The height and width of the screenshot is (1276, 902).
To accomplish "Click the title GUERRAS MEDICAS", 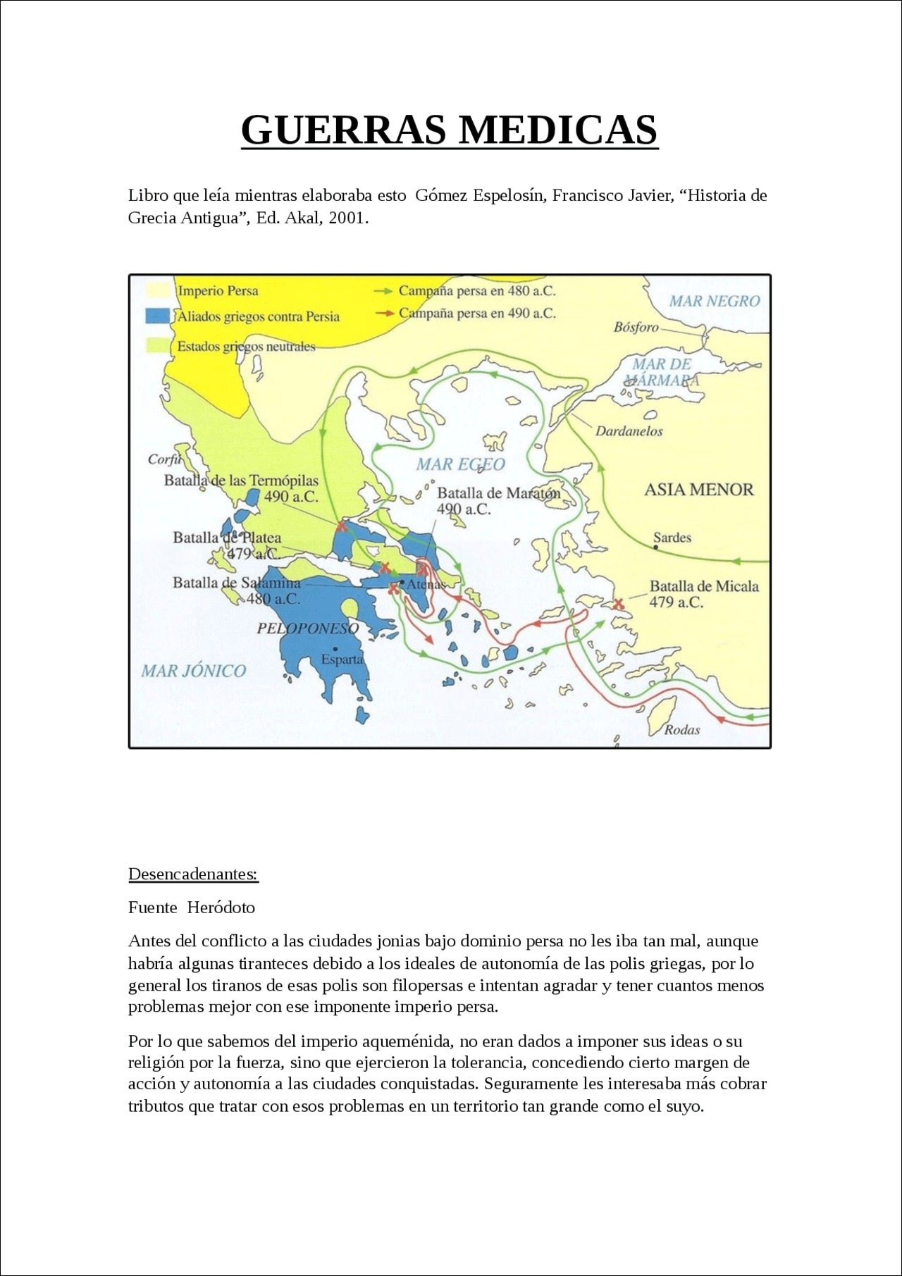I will pyautogui.click(x=450, y=130).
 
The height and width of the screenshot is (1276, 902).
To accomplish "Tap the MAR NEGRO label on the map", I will pyautogui.click(x=714, y=302).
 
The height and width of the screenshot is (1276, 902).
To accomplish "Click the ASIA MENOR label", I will pyautogui.click(x=698, y=490).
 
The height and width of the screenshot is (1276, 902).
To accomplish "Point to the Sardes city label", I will pyautogui.click(x=672, y=538).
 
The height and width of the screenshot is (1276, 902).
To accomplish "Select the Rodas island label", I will pyautogui.click(x=681, y=730).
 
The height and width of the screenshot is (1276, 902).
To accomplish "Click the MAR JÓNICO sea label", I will pyautogui.click(x=194, y=671).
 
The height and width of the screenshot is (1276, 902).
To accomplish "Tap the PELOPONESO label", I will pyautogui.click(x=307, y=628).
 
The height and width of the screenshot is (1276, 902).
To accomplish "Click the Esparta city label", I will pyautogui.click(x=342, y=659).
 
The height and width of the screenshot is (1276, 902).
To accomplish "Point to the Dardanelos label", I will pyautogui.click(x=629, y=431).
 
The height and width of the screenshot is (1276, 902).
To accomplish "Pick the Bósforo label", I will pyautogui.click(x=636, y=327).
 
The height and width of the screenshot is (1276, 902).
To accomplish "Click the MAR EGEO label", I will pyautogui.click(x=460, y=464).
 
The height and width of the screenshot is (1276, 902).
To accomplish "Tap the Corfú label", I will pyautogui.click(x=164, y=459).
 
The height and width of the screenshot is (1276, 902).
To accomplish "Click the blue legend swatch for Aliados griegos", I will pyautogui.click(x=158, y=316).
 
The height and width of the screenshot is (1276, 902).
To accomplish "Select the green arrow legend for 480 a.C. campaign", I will pyautogui.click(x=383, y=291).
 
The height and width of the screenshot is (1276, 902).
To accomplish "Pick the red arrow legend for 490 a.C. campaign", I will pyautogui.click(x=383, y=314).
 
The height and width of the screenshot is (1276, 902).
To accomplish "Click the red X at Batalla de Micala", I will pyautogui.click(x=619, y=604).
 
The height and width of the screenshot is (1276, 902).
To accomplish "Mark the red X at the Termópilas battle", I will pyautogui.click(x=342, y=526).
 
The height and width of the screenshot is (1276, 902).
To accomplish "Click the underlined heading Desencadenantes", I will pyautogui.click(x=193, y=874).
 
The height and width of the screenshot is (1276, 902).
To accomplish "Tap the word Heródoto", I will pyautogui.click(x=221, y=908).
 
